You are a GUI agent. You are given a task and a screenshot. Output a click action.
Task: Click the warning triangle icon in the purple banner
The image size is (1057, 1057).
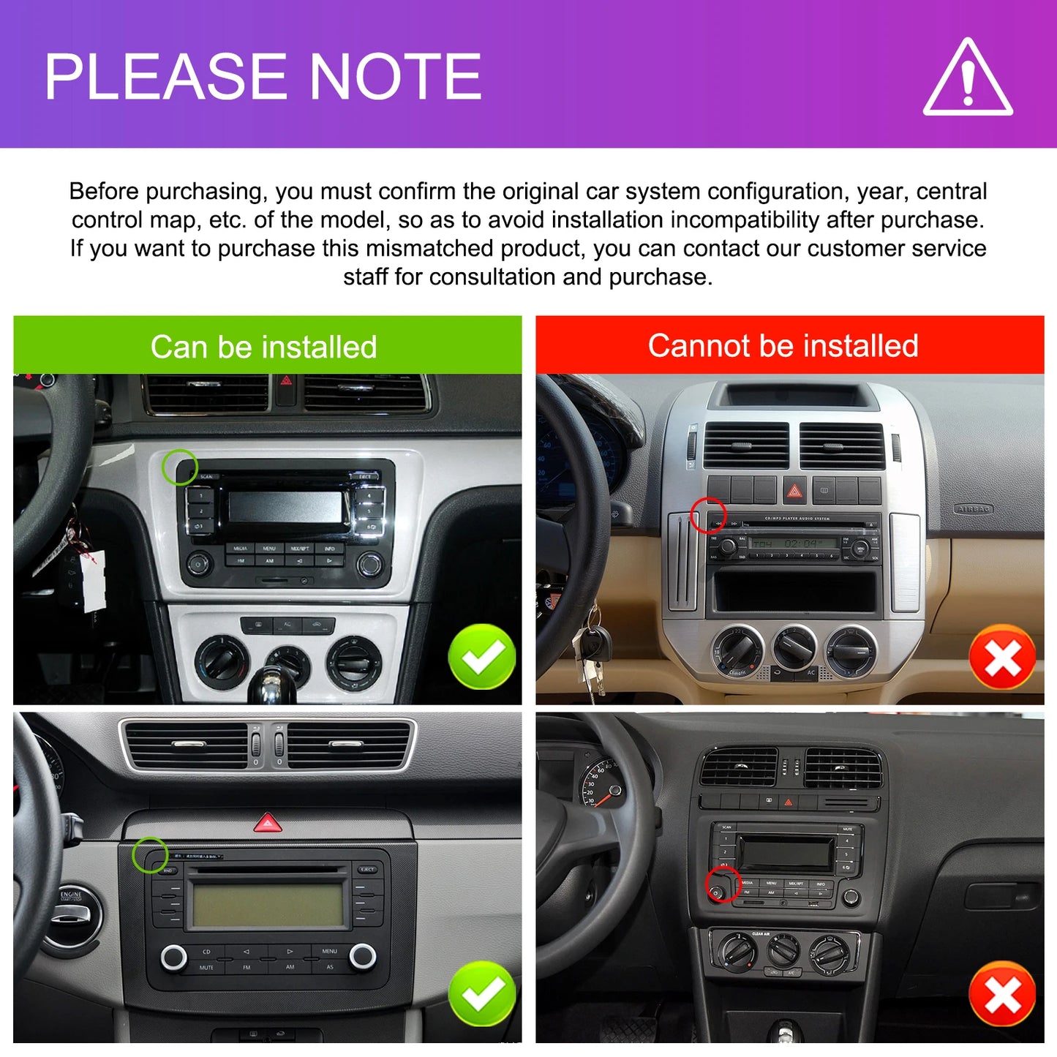click(x=968, y=79)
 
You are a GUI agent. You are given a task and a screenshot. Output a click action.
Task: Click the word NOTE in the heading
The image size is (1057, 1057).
click(x=395, y=76)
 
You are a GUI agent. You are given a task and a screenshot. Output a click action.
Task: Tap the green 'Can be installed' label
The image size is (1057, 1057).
click(x=264, y=347)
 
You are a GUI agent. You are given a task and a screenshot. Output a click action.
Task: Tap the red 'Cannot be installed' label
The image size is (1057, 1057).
click(x=783, y=345)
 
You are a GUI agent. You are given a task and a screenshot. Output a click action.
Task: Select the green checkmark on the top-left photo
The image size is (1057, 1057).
click(x=482, y=656)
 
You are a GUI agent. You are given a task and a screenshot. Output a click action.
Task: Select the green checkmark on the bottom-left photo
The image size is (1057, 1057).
click(x=482, y=993)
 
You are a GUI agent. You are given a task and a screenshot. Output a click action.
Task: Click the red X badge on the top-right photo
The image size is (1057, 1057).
click(x=1002, y=657)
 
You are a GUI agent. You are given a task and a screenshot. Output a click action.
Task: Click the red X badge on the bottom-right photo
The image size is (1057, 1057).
click(x=1002, y=993)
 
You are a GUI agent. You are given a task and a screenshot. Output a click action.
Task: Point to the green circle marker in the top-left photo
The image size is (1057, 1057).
click(x=179, y=467)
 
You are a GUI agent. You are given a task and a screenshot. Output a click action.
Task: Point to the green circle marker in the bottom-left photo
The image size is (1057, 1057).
click(x=150, y=854)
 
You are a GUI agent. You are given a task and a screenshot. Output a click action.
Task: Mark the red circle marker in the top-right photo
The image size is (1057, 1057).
click(x=708, y=515)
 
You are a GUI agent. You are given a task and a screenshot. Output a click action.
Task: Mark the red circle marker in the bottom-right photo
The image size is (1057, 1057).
click(x=723, y=885)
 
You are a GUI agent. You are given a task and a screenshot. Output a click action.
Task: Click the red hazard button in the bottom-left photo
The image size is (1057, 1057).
click(x=268, y=824)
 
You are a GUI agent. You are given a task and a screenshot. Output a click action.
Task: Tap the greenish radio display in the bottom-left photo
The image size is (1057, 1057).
click(x=268, y=904)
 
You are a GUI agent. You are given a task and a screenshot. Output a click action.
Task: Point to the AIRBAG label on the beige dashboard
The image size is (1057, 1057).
click(x=973, y=509)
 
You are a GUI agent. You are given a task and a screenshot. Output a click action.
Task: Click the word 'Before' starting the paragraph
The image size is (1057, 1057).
click(x=104, y=192)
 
